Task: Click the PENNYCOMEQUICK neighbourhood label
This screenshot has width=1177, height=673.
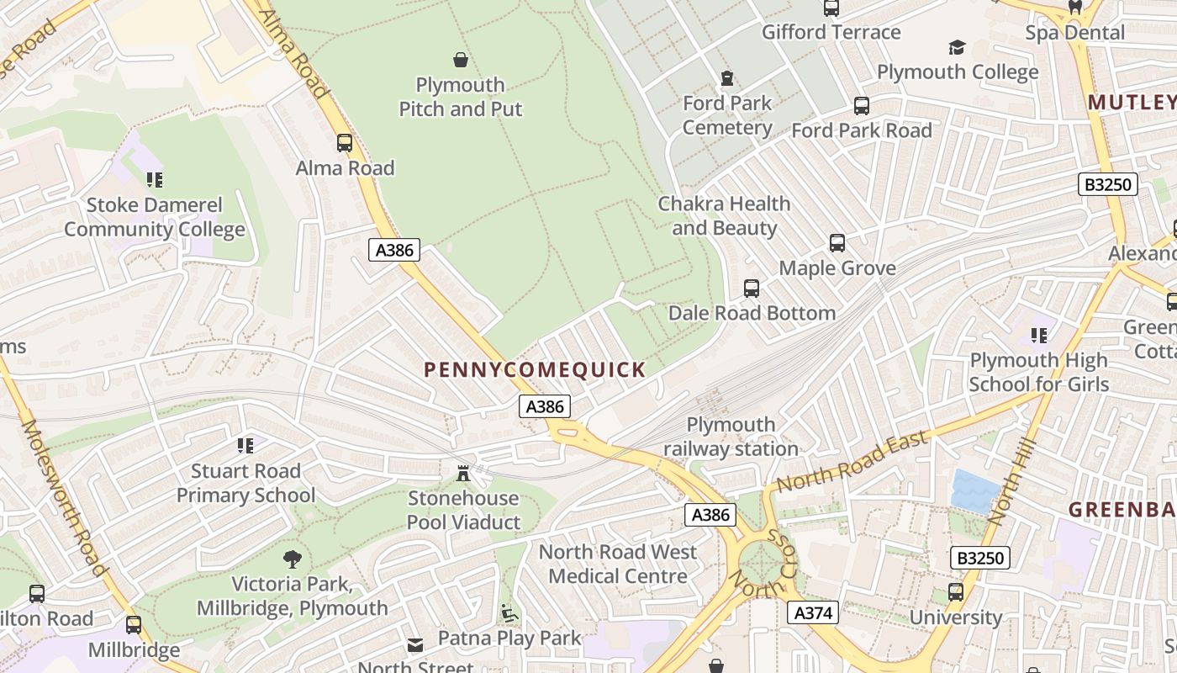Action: point(535,369)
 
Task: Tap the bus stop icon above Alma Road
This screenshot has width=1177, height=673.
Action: point(345,143)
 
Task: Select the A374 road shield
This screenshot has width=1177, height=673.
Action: point(813,612)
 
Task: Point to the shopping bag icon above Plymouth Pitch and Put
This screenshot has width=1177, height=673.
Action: point(461,60)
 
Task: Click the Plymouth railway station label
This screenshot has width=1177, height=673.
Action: point(731,437)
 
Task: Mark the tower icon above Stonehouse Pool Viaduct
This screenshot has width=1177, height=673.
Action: point(462,473)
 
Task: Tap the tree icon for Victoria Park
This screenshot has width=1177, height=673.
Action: point(292,559)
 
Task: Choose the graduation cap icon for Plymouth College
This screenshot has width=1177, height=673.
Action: point(957,47)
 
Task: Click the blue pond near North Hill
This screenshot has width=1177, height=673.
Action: point(975,490)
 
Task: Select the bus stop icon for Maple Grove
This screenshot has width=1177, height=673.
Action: point(837,243)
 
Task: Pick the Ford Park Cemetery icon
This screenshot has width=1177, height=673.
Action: point(727,78)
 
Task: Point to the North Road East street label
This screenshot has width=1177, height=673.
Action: point(852,461)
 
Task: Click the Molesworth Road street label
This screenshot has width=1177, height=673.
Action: point(63,496)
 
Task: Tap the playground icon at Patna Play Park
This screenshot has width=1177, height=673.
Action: point(509,613)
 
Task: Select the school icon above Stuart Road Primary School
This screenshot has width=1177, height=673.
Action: point(245,445)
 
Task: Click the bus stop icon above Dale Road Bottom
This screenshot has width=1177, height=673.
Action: point(752,289)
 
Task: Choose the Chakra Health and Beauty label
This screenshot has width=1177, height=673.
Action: point(724,215)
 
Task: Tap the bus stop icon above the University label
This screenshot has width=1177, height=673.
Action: point(956,592)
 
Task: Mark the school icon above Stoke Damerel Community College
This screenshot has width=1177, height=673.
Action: point(154,179)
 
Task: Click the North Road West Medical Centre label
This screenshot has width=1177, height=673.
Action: point(618,564)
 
